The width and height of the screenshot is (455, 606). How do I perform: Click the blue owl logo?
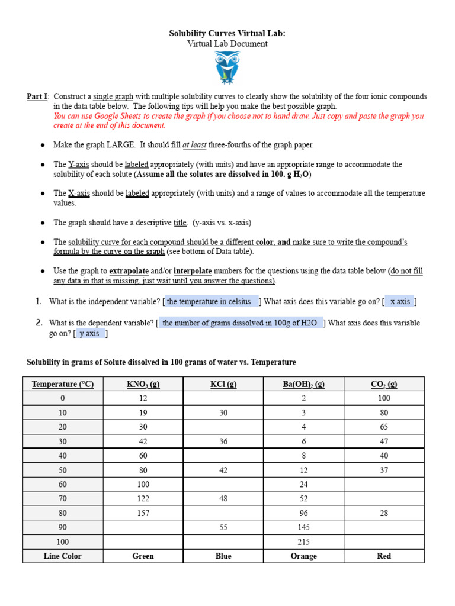[x=227, y=67]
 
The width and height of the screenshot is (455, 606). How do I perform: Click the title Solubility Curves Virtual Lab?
[x=227, y=34]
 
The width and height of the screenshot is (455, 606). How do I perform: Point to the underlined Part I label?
[x=37, y=96]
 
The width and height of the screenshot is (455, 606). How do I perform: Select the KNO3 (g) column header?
[x=143, y=384]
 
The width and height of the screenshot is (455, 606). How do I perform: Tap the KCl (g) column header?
[x=223, y=384]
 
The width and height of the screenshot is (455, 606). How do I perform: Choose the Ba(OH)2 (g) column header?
[x=303, y=384]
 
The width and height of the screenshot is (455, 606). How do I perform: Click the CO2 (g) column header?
[x=384, y=384]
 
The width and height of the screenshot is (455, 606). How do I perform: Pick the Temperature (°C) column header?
[x=63, y=384]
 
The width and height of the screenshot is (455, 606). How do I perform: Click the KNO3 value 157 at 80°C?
[x=143, y=513]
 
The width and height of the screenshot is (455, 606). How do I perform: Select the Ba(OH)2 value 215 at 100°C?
[x=303, y=541]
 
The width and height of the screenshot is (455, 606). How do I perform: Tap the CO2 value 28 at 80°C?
[x=384, y=513]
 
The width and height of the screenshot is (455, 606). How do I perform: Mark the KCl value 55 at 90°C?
[x=223, y=527]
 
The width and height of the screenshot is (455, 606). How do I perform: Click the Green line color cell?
[x=143, y=556]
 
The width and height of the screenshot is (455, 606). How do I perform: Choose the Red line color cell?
[x=384, y=556]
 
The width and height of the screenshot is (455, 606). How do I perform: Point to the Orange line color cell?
[x=303, y=556]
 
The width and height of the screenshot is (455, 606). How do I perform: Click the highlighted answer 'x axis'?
[x=400, y=302]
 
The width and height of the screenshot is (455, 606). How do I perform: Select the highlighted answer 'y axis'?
[x=89, y=334]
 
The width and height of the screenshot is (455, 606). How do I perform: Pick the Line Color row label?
[x=63, y=556]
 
